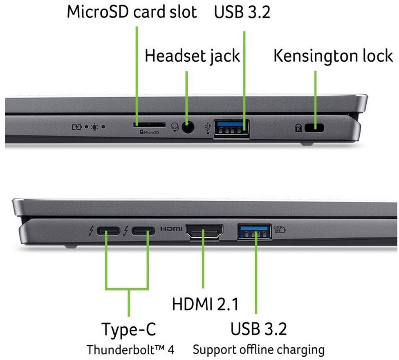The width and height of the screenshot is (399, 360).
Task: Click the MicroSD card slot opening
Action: [149, 124]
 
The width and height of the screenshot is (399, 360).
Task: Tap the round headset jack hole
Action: [187, 127]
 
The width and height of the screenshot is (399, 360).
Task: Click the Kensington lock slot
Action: [314, 128]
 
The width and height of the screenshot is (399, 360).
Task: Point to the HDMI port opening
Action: [204, 233]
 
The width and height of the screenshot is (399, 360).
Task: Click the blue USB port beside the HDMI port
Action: [254, 232]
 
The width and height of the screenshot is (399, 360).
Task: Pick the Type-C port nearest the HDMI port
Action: [143, 231]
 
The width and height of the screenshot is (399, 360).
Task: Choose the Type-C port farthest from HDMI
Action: [108, 231]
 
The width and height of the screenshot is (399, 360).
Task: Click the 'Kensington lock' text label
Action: [333, 56]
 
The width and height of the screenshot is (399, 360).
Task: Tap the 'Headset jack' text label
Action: [192, 56]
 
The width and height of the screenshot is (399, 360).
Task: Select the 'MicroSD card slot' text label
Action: [132, 12]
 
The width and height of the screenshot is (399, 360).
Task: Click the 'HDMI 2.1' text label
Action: [205, 304]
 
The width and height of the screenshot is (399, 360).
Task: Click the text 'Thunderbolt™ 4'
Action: [130, 350]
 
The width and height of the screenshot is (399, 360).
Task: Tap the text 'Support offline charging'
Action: [259, 350]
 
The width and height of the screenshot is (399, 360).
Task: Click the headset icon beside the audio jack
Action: [175, 127]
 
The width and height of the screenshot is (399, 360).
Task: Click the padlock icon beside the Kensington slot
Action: [298, 128]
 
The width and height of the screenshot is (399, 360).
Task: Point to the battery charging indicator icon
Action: [77, 127]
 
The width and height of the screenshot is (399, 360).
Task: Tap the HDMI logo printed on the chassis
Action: [171, 229]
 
